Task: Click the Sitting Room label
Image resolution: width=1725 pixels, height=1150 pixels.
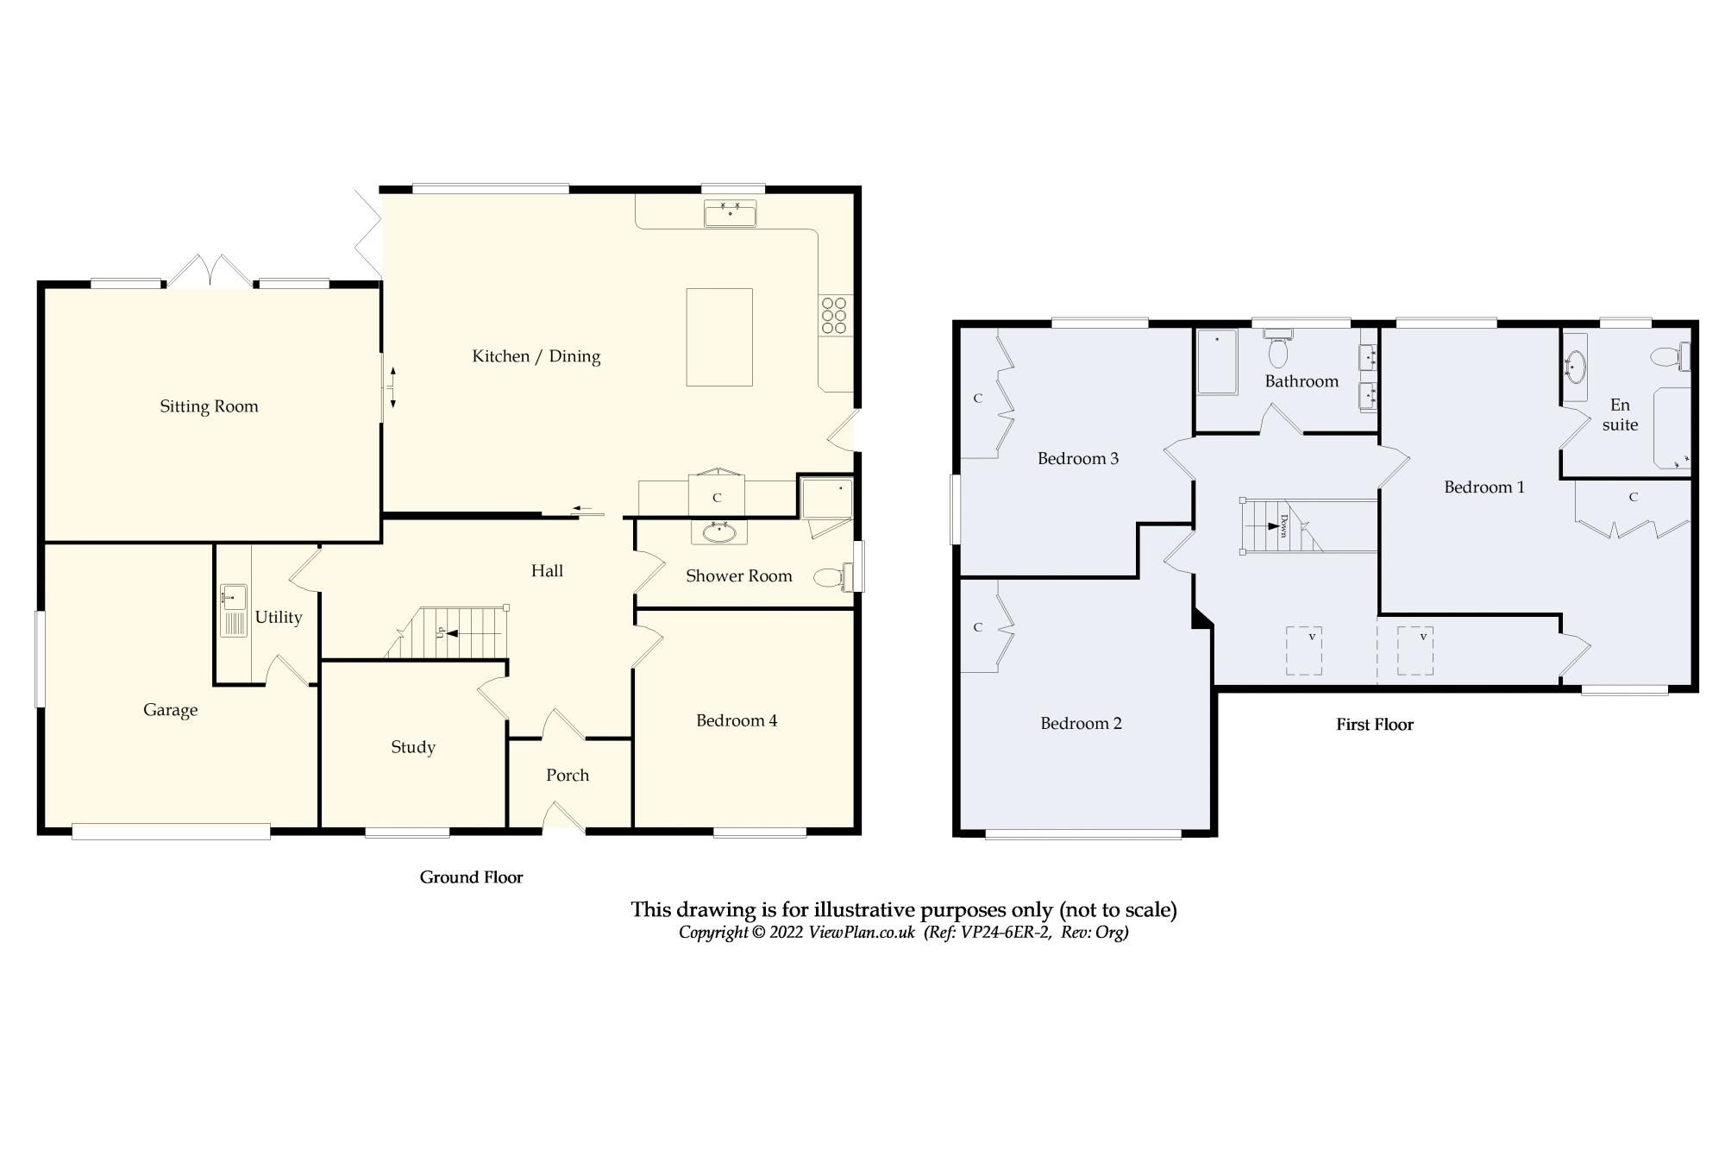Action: point(209,406)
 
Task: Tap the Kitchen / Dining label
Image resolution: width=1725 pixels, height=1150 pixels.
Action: point(536,356)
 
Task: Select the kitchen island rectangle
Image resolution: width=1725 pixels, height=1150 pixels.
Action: point(718,337)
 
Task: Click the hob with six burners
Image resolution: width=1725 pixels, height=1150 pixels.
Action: point(835,316)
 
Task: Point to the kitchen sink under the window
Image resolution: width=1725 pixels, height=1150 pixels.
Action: point(730,212)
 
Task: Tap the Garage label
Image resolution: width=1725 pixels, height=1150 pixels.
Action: point(170,710)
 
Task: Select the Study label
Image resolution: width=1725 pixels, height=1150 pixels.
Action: point(412,747)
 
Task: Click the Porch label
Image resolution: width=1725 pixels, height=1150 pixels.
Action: point(568,776)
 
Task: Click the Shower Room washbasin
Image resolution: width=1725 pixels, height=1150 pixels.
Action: point(718,532)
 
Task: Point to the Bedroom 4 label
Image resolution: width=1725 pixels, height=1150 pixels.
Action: point(737,720)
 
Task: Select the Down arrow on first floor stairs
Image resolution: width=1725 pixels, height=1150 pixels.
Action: point(1270,525)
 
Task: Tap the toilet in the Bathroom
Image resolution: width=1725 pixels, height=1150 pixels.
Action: point(1278,352)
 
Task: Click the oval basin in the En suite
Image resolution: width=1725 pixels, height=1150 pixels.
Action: point(1575,367)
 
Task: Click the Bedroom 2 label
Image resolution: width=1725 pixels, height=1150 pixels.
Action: point(1081,724)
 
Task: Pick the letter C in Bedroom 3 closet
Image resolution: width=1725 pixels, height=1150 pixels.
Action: point(977,399)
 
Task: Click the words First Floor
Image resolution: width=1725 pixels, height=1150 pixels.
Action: point(1375,725)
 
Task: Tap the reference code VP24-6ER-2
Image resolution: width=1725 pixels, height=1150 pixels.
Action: point(1006,933)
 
